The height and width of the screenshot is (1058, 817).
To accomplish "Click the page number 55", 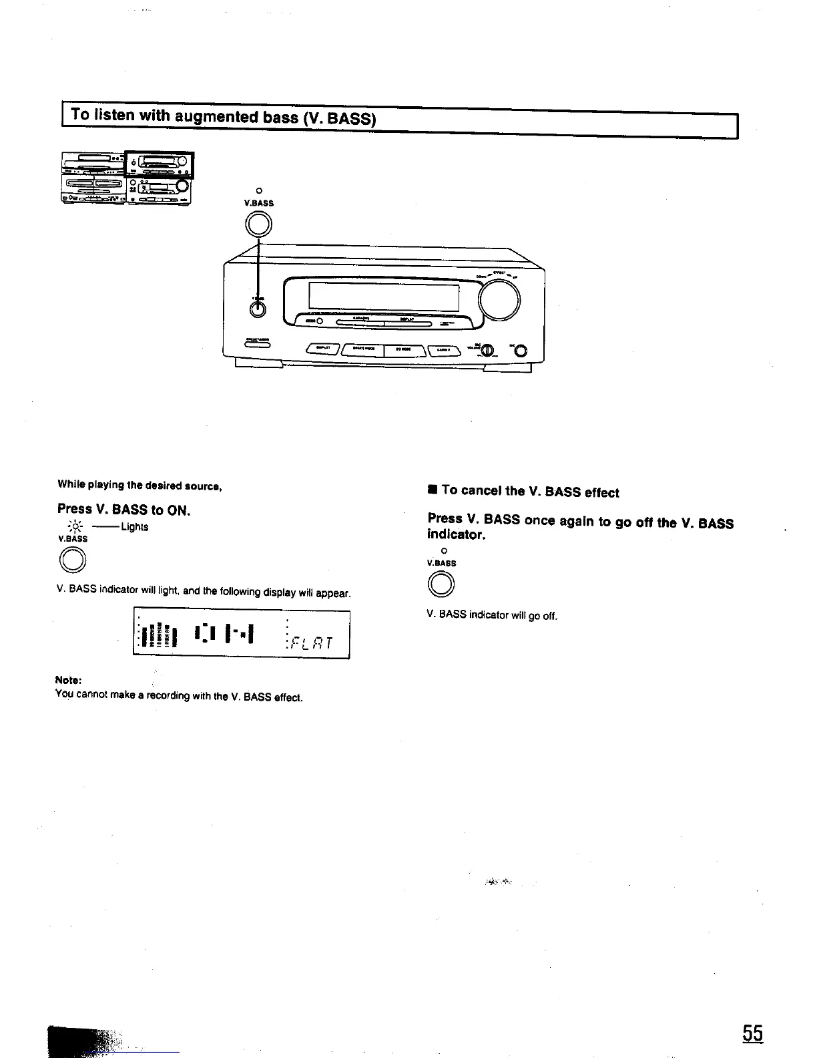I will [752, 1033].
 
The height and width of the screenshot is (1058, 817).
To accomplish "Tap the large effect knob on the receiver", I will [500, 299].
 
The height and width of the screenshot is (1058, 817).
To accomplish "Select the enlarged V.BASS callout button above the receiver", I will [259, 223].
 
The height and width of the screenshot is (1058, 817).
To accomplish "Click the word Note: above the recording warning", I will [68, 680].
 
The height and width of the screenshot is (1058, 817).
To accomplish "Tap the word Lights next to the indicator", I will [135, 527].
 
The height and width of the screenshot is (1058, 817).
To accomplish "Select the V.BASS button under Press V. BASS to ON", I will [73, 560].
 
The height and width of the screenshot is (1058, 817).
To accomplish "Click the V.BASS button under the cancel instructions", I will [443, 585].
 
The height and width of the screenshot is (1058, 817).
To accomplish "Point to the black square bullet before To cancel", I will [433, 491].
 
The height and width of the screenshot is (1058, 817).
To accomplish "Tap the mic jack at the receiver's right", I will [521, 352].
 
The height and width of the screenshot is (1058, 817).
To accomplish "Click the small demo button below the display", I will [320, 322].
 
